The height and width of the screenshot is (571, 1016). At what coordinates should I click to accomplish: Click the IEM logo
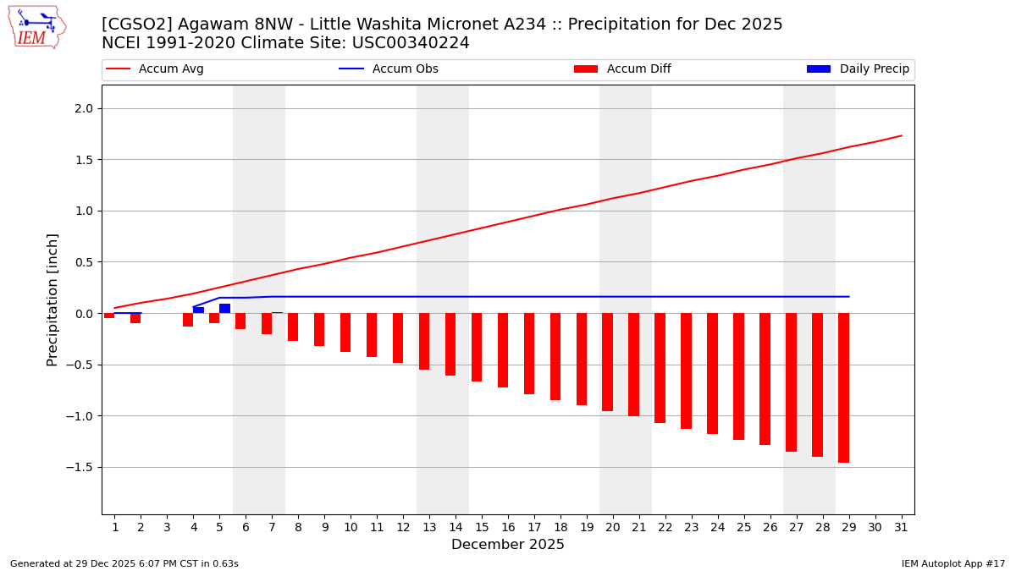(36, 27)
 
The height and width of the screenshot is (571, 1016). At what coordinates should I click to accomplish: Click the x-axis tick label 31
(901, 527)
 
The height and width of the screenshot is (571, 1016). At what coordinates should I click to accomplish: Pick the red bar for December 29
(843, 387)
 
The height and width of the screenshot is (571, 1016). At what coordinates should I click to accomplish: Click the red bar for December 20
(607, 362)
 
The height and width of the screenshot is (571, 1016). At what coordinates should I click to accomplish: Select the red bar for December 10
(345, 332)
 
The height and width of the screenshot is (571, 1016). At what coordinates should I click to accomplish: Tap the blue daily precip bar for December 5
(224, 309)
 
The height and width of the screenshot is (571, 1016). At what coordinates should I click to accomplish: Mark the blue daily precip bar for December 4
(198, 310)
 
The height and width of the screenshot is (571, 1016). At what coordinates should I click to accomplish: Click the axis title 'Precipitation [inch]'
(52, 299)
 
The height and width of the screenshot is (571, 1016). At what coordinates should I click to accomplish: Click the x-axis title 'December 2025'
(508, 545)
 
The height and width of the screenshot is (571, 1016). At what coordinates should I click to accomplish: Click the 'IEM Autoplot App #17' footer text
(952, 563)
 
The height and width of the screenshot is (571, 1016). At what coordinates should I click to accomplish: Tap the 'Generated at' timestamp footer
(124, 563)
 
